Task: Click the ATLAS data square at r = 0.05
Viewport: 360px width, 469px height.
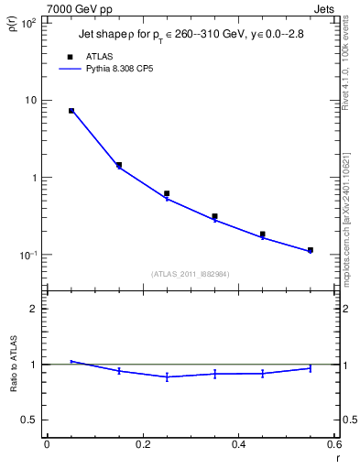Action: point(71,111)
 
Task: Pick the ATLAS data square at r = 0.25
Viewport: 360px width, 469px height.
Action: point(167,193)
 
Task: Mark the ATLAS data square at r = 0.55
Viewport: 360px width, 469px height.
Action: point(311,250)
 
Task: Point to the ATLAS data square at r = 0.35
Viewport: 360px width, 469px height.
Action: point(214,217)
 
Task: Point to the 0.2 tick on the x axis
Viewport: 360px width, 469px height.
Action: point(142,444)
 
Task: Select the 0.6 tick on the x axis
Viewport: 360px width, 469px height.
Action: point(334,444)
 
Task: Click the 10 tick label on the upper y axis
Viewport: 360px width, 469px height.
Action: point(30,100)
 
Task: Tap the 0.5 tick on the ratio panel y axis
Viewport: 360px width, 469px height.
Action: point(29,420)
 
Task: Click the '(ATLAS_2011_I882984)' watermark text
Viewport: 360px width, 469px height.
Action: point(191,273)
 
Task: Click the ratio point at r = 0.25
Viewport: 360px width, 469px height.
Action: point(167,376)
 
